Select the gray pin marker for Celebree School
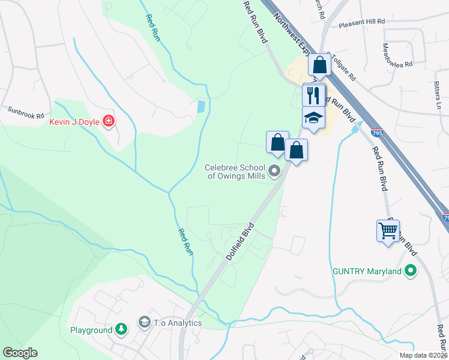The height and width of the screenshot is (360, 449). (275, 172)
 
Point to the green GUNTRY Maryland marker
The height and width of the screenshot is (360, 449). (411, 271)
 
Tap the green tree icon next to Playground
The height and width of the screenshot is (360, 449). (121, 329)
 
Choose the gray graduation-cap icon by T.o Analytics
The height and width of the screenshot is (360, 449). (144, 323)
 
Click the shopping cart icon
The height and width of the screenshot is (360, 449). (388, 230)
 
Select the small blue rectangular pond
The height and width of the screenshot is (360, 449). (200, 107)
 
